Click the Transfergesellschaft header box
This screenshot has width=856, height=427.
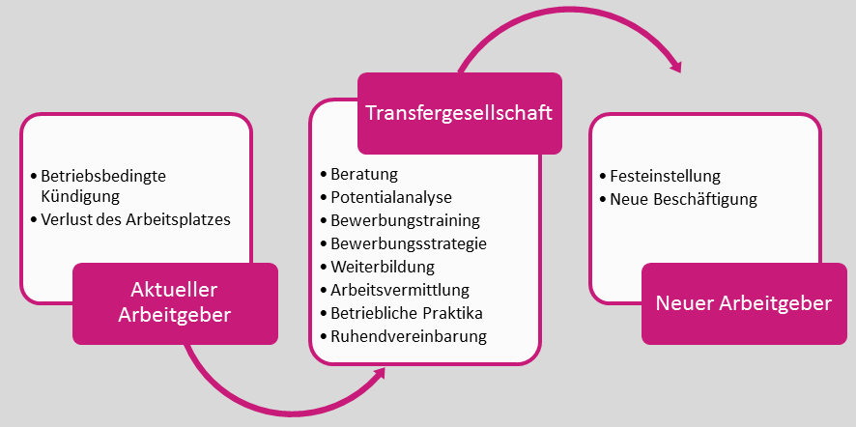[x=459, y=113]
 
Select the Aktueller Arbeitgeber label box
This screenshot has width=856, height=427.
[x=175, y=303]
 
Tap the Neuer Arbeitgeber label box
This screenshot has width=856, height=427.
[x=743, y=303]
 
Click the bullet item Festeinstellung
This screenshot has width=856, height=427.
[x=666, y=177]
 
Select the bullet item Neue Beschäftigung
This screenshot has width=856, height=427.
[x=683, y=200]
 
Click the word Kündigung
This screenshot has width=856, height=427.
[x=80, y=196]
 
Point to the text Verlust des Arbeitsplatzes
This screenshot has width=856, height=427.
[x=136, y=219]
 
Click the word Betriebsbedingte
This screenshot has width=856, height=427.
[x=104, y=176]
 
